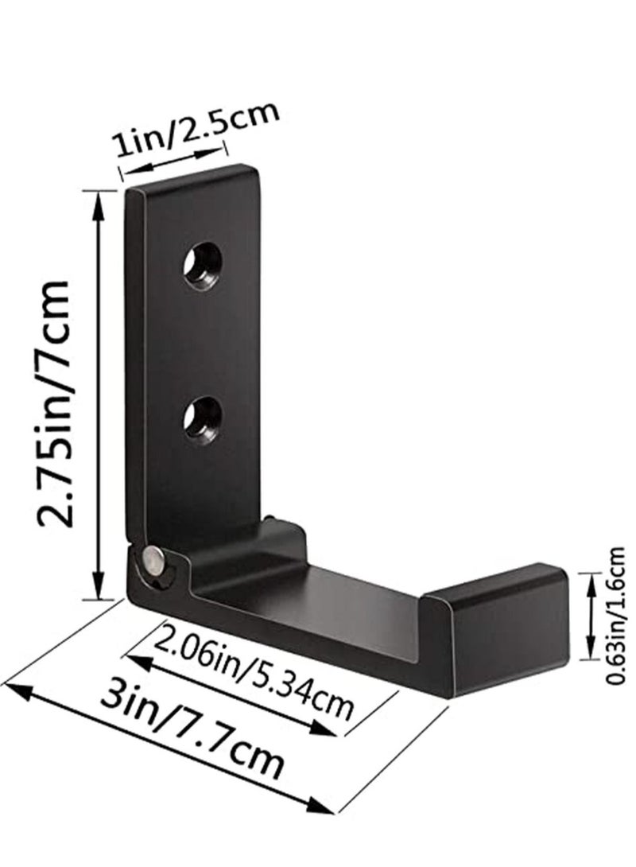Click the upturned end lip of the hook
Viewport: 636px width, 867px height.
point(495,630)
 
